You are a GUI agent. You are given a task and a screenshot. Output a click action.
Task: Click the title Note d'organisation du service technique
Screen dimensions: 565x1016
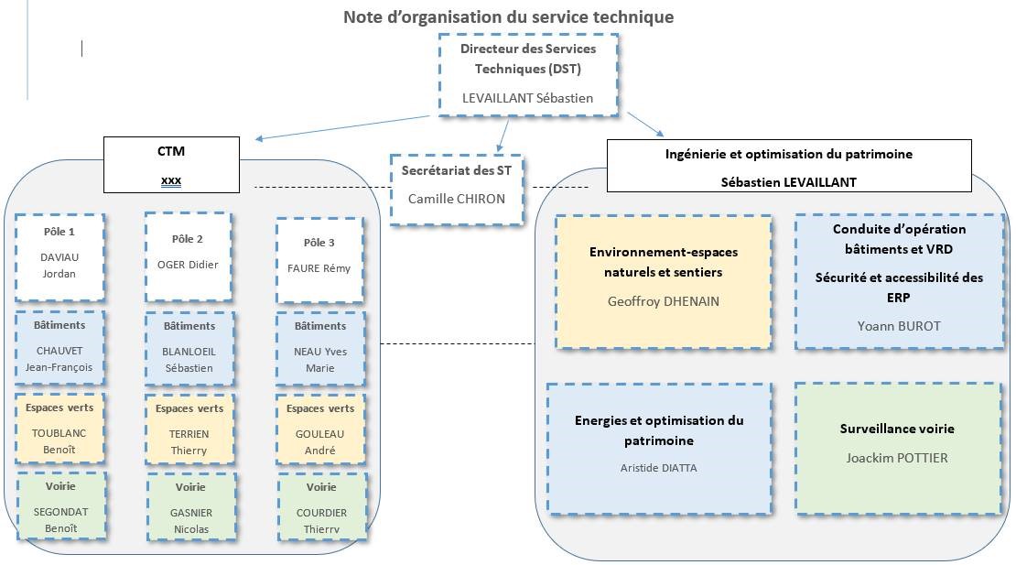(508, 16)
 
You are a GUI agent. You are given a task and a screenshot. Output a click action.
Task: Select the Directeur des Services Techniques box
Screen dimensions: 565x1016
(528, 74)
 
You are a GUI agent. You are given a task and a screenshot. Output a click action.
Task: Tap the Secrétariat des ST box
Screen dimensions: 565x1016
(457, 189)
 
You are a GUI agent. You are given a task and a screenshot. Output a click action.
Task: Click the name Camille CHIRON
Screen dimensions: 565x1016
(457, 199)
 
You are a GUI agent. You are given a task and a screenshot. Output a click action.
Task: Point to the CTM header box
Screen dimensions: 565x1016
(171, 164)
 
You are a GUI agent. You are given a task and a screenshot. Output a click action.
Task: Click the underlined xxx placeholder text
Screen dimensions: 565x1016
(171, 180)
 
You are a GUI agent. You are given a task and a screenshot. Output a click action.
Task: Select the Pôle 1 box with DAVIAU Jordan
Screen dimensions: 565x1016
(59, 256)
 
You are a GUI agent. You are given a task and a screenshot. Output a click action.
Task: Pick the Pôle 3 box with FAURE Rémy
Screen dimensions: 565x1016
(319, 258)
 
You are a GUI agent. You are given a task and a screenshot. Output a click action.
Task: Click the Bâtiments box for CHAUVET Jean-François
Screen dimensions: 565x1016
(59, 346)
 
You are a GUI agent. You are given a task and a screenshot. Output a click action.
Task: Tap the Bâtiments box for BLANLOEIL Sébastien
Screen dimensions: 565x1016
(189, 346)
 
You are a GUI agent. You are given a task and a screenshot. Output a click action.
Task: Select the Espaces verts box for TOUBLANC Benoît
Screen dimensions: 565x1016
(61, 428)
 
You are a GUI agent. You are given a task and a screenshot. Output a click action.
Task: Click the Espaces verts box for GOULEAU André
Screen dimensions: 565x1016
(320, 428)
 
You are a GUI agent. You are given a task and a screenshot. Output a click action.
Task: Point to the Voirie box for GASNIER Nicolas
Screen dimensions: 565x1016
(190, 506)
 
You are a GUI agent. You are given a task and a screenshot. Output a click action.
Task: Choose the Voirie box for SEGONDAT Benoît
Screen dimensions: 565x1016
(61, 505)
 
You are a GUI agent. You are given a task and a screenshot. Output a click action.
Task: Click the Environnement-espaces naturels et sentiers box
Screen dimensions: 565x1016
(663, 281)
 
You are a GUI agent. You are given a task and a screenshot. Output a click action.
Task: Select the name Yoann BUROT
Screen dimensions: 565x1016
(885, 326)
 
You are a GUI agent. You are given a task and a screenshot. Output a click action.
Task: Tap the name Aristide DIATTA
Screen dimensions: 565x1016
(657, 468)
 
